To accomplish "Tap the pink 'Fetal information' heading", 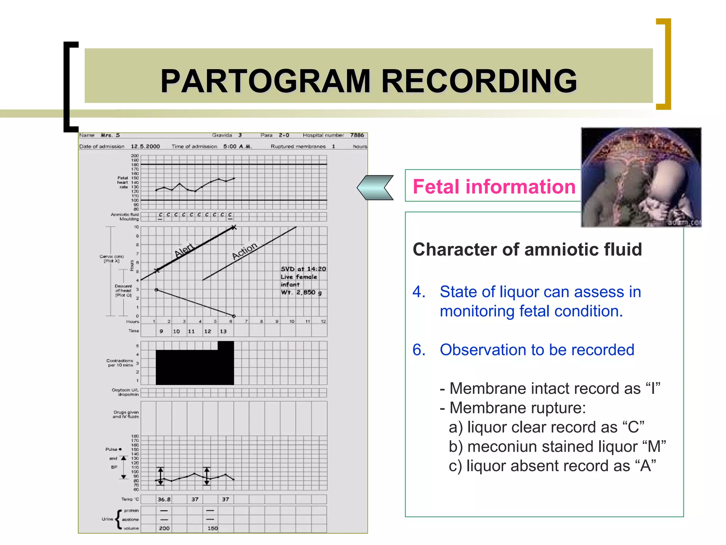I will [x=494, y=187].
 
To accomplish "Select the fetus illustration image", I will [x=641, y=177].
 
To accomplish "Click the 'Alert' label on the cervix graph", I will [x=184, y=250].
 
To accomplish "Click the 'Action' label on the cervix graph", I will [x=245, y=251].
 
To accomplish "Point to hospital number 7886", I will [x=357, y=135].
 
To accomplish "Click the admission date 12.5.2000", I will [x=145, y=147].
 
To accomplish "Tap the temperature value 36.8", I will [x=164, y=499].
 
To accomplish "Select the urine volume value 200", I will [x=164, y=528].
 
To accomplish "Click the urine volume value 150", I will [x=212, y=528].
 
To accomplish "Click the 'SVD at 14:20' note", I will [x=303, y=269].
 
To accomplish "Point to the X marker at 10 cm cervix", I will [x=234, y=227].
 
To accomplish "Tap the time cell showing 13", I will [x=223, y=331].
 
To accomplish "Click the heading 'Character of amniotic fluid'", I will [x=527, y=249].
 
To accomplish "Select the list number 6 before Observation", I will [x=419, y=350].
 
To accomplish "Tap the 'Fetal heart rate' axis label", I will [x=123, y=182].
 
